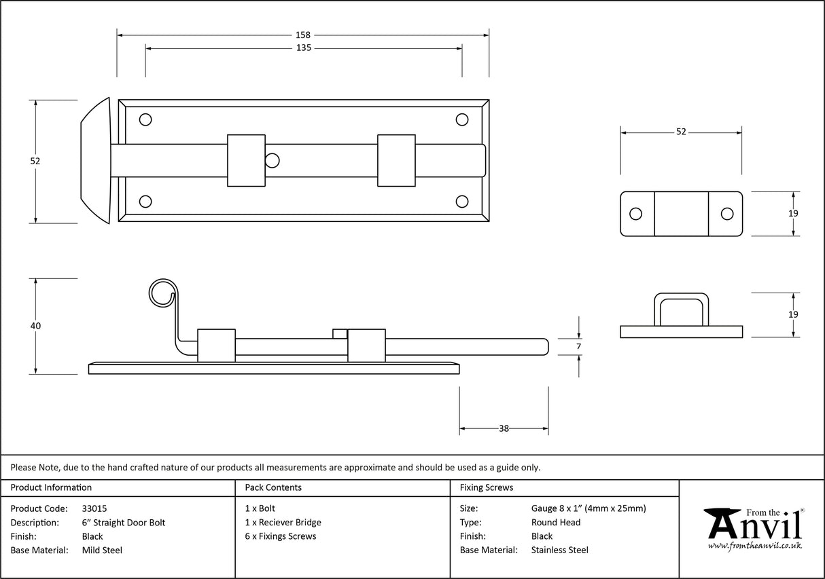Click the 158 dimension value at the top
coord(303,35)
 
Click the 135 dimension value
coord(303,48)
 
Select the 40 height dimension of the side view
coord(35,326)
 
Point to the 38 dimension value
coord(504,428)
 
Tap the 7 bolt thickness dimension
coord(578,346)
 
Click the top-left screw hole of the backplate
coord(145,120)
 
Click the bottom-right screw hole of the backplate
coord(462,201)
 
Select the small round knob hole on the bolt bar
coord(272,161)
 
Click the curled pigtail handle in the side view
coord(162,293)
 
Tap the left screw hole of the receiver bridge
coord(635,214)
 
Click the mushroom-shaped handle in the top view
coord(96,160)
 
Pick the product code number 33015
coord(94,508)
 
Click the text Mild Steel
coord(102,550)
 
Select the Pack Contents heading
coord(273,487)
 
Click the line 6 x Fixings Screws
coord(280,536)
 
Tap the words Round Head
coord(555,522)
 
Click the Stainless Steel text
coord(559,550)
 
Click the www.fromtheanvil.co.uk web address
coord(754,546)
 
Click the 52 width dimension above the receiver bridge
coord(681,132)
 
